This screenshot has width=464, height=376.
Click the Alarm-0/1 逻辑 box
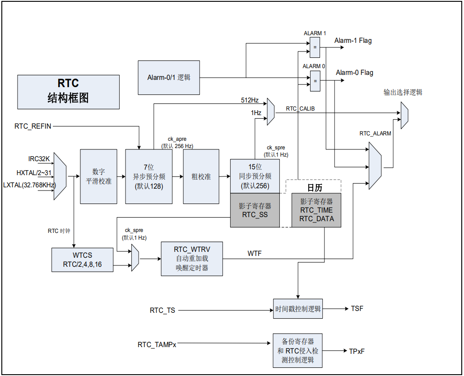click(169, 78)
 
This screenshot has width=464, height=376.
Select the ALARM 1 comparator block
click(315, 47)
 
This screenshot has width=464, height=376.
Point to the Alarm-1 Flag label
click(353, 41)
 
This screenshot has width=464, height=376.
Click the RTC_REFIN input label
click(33, 126)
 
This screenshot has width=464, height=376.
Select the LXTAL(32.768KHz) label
click(29, 185)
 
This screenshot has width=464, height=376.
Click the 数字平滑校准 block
click(98, 176)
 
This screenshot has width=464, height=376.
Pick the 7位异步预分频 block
click(148, 176)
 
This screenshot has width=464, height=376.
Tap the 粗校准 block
click(201, 176)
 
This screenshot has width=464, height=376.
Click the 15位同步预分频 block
click(255, 176)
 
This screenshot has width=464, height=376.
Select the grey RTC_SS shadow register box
click(255, 210)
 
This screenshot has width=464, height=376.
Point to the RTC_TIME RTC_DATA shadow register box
click(316, 210)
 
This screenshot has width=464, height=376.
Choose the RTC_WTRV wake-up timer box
click(192, 259)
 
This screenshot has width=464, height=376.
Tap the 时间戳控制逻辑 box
click(298, 309)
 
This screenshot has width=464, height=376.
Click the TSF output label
click(357, 309)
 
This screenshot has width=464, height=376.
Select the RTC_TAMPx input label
click(157, 344)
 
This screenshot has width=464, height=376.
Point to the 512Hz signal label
click(250, 100)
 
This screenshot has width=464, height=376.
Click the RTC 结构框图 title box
click(68, 92)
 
